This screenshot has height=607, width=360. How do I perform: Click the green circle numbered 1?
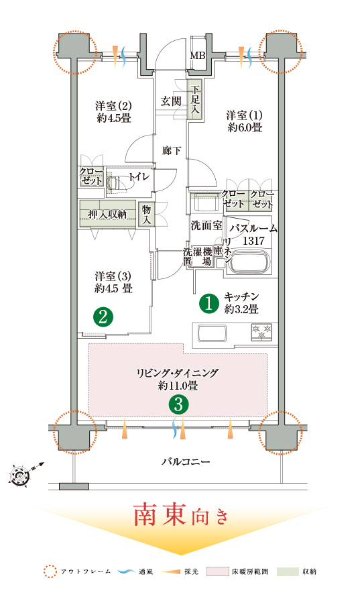(x=209, y=303)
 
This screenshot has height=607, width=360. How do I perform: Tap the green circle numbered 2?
(x=103, y=317)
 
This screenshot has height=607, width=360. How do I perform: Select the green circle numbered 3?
(x=178, y=404)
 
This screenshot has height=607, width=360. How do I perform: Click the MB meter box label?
(x=197, y=56)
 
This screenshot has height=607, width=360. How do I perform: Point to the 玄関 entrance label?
(x=171, y=101)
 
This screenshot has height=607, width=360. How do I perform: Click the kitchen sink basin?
(x=212, y=333)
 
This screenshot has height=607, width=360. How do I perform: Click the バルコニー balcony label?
(x=186, y=461)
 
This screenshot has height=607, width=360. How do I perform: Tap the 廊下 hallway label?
(x=172, y=150)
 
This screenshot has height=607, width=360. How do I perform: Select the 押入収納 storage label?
(x=107, y=214)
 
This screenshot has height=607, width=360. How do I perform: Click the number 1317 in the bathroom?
(x=253, y=241)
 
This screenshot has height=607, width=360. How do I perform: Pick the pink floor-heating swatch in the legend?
(x=218, y=571)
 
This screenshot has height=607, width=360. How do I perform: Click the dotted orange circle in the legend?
(x=50, y=571)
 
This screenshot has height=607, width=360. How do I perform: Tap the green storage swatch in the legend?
(x=288, y=571)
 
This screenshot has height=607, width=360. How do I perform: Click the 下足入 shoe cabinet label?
(x=194, y=99)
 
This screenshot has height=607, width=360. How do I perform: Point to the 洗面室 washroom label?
(x=206, y=225)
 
